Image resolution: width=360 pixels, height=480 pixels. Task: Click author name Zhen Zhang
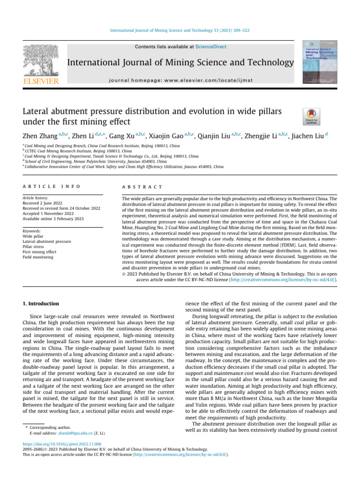40,136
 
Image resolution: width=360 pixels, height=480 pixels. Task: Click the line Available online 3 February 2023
53,219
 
